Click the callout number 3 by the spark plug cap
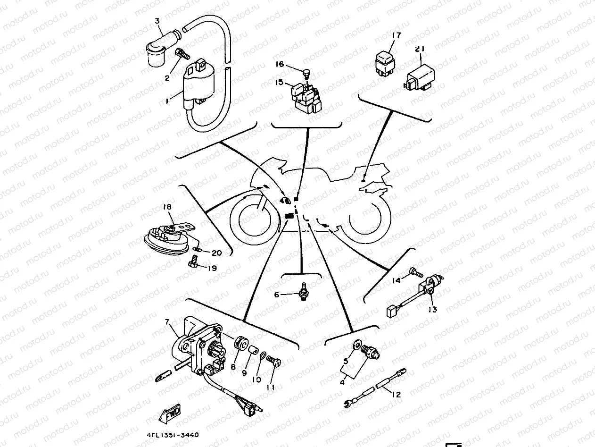(x=157, y=21)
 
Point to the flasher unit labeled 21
(x=420, y=76)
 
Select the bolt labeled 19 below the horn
(x=193, y=262)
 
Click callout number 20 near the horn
(x=216, y=253)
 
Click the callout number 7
(x=166, y=322)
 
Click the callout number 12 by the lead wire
(x=397, y=395)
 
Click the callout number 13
(x=433, y=310)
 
